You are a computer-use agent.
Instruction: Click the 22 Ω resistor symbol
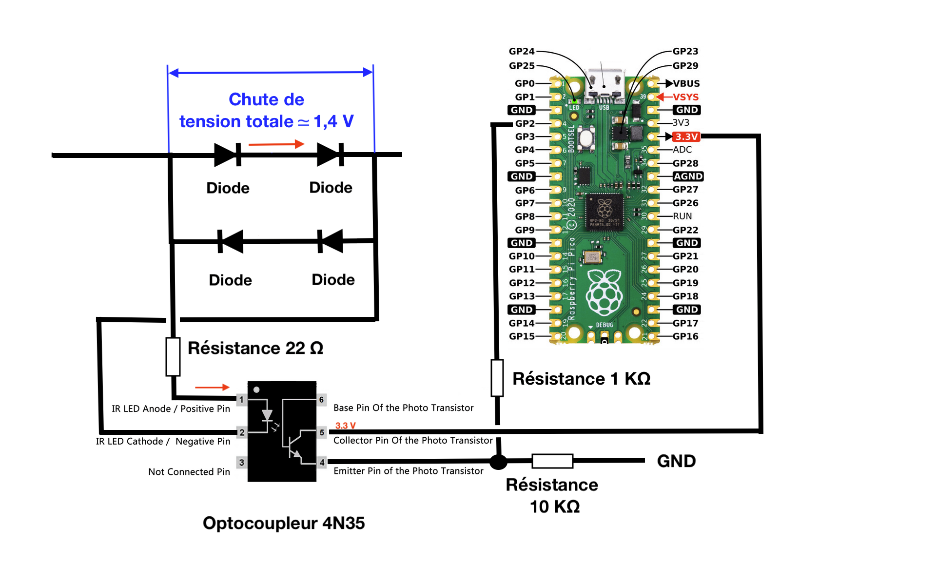tap(173, 356)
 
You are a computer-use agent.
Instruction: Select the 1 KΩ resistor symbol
tap(497, 378)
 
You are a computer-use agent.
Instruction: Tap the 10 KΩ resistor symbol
tap(552, 461)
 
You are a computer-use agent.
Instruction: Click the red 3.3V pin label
tap(686, 136)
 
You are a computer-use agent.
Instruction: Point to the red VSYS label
tap(685, 97)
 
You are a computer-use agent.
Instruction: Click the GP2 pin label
tap(525, 123)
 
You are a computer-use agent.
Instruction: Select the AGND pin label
tap(688, 176)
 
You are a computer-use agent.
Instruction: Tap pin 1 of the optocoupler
tap(241, 400)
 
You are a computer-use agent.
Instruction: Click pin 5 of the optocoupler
tap(322, 432)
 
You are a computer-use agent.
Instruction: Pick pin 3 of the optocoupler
tap(241, 462)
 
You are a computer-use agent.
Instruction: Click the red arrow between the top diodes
tap(276, 144)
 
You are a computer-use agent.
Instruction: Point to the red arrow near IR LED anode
tap(212, 387)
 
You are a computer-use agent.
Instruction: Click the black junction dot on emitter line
tap(498, 461)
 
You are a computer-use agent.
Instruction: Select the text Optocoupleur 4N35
tap(284, 523)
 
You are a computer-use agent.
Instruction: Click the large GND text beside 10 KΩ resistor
tap(676, 461)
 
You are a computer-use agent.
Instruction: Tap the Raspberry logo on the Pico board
tap(604, 292)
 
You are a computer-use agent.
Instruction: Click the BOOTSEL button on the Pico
tap(586, 138)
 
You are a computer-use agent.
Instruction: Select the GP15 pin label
tap(522, 336)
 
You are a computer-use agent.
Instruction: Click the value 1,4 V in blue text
tap(333, 121)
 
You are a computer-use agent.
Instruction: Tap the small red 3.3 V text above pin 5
tap(345, 426)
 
